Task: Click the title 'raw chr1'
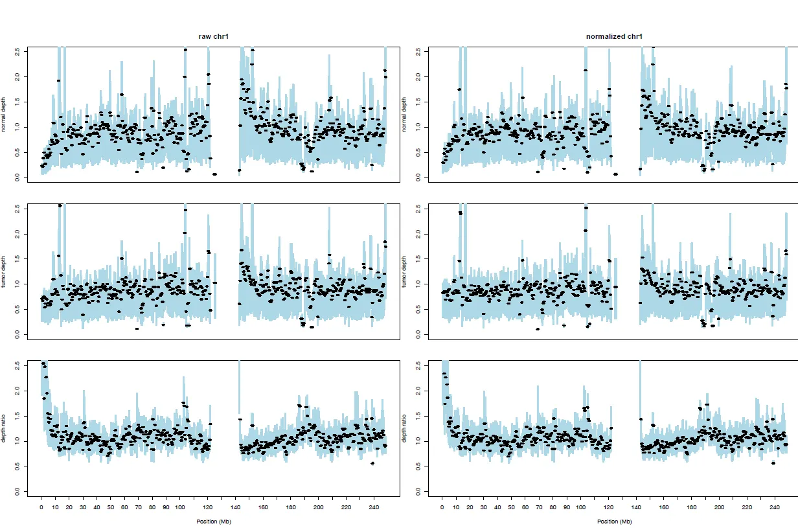(213, 36)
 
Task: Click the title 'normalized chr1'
(614, 36)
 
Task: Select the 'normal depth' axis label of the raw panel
(5, 114)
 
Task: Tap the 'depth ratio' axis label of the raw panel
(5, 428)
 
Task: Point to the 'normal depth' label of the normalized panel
(405, 114)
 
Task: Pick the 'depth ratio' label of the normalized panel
(405, 428)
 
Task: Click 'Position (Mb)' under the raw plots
(213, 522)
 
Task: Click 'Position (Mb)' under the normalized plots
(614, 522)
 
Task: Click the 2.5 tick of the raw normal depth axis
(17, 51)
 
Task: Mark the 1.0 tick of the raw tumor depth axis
(17, 284)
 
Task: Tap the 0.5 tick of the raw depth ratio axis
(17, 466)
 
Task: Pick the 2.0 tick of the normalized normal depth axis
(418, 76)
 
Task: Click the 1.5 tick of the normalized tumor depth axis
(418, 258)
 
